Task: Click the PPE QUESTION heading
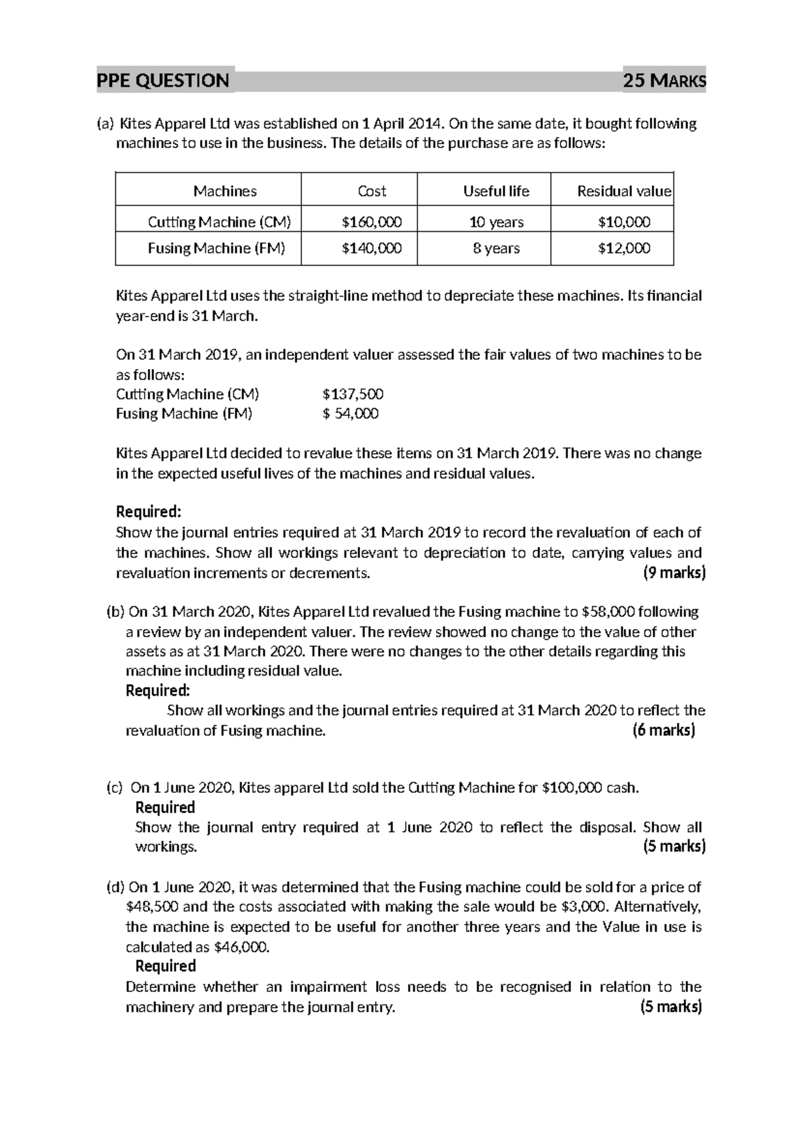point(163,81)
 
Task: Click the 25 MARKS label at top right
point(663,81)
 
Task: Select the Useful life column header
point(496,191)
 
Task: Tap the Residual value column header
point(624,191)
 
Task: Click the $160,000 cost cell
point(371,222)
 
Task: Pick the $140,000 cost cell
point(371,249)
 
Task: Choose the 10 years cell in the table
point(496,222)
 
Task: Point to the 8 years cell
point(496,249)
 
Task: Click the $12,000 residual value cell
point(624,249)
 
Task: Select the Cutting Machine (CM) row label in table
point(219,222)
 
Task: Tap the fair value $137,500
point(353,394)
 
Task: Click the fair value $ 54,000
point(351,414)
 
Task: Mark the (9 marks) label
point(674,573)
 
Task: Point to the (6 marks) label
point(663,731)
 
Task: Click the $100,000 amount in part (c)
point(571,788)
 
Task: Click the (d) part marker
point(115,887)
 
